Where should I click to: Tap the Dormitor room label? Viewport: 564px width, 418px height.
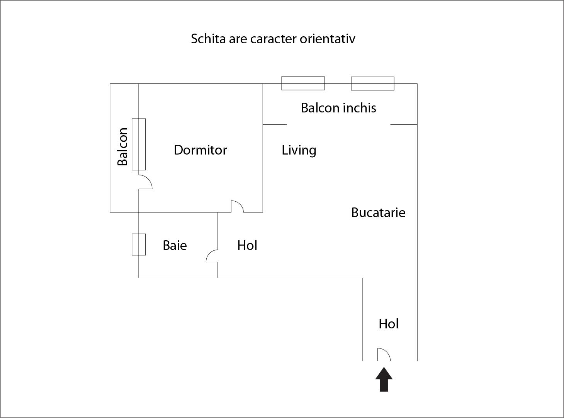click(200, 150)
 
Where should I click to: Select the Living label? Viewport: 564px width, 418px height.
click(299, 150)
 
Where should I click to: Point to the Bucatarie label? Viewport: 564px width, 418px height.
click(378, 212)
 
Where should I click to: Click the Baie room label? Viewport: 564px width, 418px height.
click(175, 245)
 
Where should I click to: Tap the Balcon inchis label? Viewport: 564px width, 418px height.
click(338, 108)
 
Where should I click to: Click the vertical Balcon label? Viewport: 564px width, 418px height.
click(122, 146)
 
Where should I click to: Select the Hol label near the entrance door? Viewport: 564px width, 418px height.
click(388, 324)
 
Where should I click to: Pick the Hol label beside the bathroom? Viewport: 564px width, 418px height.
click(247, 245)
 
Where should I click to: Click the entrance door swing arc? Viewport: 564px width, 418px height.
click(384, 354)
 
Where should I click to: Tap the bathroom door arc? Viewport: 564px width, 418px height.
click(212, 256)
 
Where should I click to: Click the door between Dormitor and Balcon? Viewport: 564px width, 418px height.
click(145, 182)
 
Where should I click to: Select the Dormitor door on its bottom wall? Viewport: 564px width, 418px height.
click(237, 207)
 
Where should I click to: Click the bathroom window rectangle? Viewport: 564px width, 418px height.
click(139, 245)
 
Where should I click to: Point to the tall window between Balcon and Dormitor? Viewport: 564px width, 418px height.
click(139, 144)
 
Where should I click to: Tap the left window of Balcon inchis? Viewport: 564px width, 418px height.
click(303, 83)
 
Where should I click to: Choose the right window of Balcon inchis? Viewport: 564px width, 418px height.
click(372, 83)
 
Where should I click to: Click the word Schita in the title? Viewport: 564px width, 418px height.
click(208, 39)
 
